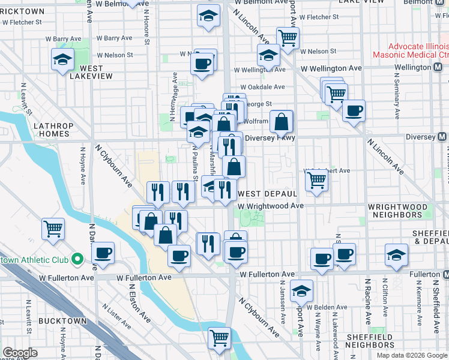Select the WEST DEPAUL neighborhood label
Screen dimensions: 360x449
(268, 194)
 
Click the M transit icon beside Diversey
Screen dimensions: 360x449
(442, 137)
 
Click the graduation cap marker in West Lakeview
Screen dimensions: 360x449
(62, 60)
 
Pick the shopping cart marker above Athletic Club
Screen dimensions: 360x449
(53, 228)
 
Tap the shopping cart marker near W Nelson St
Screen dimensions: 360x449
(288, 38)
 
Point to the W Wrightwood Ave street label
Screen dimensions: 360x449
(270, 206)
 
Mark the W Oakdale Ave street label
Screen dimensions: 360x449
(262, 87)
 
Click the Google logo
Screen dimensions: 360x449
(20, 353)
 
